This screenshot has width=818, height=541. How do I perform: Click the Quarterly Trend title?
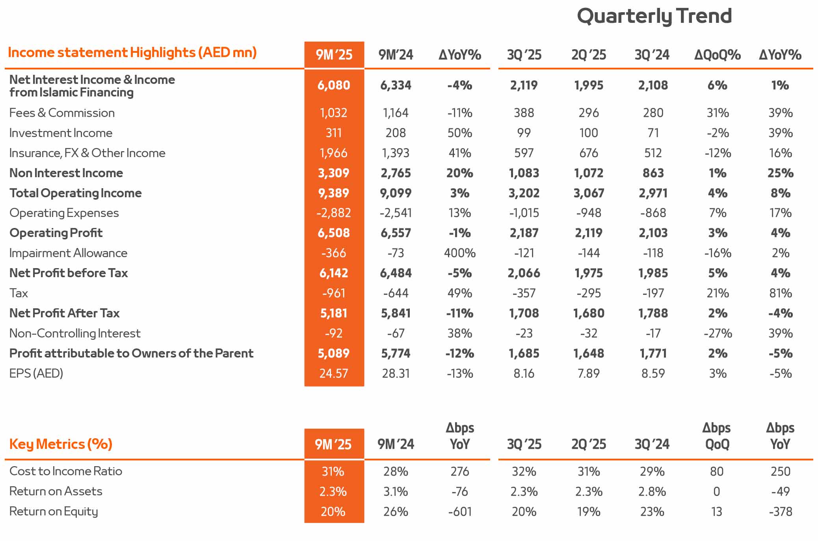click(654, 17)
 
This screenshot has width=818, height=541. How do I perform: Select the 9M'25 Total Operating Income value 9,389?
click(333, 193)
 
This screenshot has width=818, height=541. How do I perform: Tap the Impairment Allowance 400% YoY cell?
click(459, 253)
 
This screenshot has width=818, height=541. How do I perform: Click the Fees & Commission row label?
click(62, 113)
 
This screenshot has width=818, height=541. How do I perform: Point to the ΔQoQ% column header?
click(717, 55)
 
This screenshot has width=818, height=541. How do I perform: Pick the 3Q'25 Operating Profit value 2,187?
click(524, 233)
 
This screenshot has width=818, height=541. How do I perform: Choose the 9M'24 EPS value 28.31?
click(396, 373)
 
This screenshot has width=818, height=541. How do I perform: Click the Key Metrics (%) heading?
click(61, 444)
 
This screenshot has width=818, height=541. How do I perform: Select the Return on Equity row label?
click(54, 511)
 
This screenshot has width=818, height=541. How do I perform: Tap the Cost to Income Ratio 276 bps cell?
click(459, 471)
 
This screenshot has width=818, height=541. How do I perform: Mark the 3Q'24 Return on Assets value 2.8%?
click(653, 491)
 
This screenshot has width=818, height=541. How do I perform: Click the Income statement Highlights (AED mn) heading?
click(132, 52)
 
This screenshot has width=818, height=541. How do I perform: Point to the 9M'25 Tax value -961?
click(333, 293)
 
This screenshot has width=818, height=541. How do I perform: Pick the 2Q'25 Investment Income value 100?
click(588, 133)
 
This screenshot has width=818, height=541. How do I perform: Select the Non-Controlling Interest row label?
click(75, 333)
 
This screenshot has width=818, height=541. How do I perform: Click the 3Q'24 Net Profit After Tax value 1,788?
click(653, 313)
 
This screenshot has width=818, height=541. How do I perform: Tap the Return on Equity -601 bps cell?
click(459, 511)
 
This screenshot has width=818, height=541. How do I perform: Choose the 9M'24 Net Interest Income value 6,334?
click(396, 85)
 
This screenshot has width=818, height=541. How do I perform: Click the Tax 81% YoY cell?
click(780, 293)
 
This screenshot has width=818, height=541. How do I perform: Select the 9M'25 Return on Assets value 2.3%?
click(333, 491)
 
